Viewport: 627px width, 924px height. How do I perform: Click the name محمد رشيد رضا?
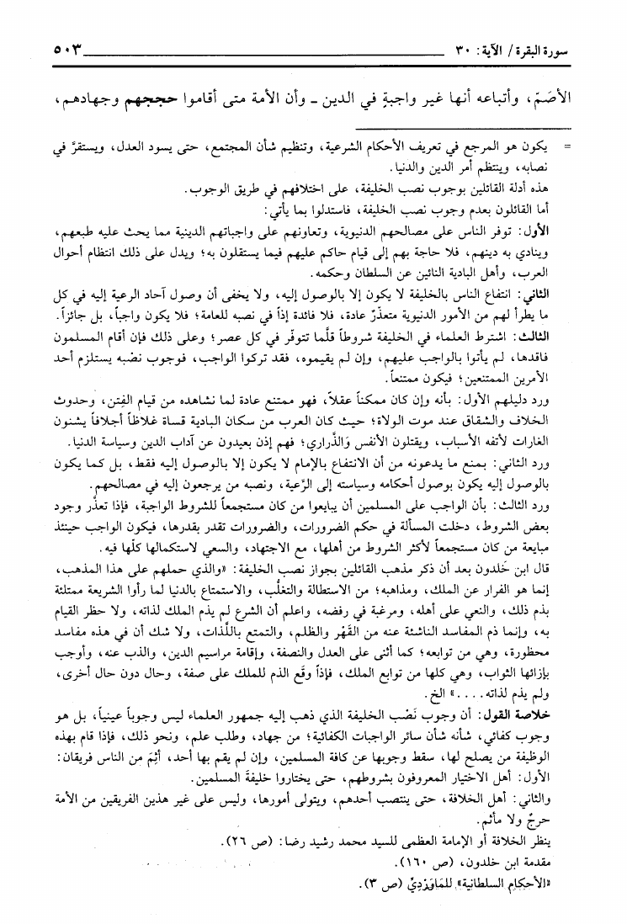click(x=360, y=862)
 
